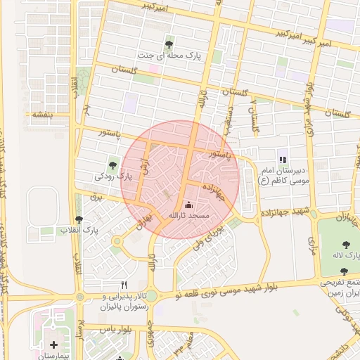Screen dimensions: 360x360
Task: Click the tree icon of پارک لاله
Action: [344, 243]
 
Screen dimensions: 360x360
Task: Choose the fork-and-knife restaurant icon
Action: [124, 285]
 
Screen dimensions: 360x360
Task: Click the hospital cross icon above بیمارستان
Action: [54, 345]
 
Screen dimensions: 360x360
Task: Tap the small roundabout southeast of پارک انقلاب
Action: [116, 242]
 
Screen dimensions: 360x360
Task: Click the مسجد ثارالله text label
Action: [186, 216]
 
